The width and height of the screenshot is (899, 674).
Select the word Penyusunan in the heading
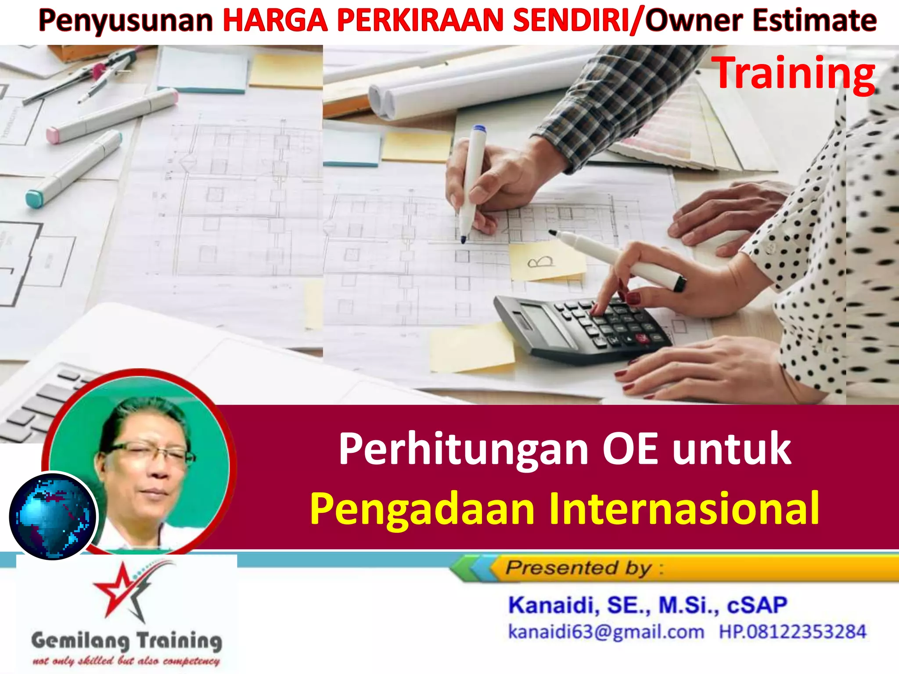click(126, 21)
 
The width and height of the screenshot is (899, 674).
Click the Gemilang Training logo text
click(126, 641)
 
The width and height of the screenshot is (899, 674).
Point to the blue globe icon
click(53, 516)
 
